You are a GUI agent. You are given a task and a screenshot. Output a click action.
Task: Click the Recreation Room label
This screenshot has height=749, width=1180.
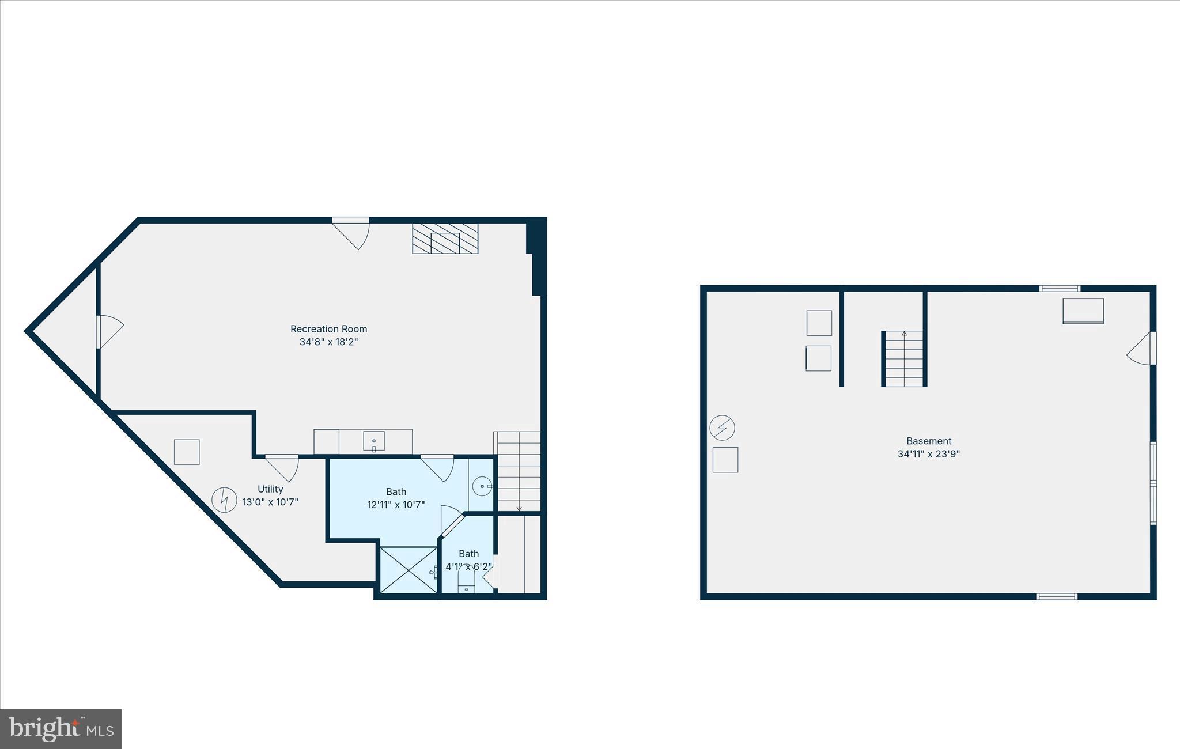(x=328, y=329)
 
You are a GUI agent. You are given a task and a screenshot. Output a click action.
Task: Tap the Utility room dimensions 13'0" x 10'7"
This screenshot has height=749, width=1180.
(x=270, y=502)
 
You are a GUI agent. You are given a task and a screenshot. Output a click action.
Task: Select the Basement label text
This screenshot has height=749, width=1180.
(x=928, y=441)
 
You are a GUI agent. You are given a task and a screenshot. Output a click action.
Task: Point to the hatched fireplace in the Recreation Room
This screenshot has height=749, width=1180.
(x=445, y=239)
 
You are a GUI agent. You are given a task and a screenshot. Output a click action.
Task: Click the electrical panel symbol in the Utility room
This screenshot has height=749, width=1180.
(x=224, y=500)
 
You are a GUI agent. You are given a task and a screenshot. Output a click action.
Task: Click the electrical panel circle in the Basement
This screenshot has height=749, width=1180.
(x=722, y=428)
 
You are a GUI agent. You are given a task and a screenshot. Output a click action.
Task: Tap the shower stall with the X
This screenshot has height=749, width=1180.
(x=409, y=570)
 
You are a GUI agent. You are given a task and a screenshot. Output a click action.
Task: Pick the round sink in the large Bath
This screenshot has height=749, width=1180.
(x=482, y=486)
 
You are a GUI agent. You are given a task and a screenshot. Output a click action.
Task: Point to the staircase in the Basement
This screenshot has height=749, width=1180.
(x=904, y=358)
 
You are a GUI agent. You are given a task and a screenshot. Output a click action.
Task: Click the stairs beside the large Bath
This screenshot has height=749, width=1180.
(x=519, y=471)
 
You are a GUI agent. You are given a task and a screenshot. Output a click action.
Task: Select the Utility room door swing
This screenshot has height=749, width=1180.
(x=284, y=467)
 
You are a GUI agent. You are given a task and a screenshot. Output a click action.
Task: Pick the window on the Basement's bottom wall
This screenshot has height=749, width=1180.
(x=1057, y=596)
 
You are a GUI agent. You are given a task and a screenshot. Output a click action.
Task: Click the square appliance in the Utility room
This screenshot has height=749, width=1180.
(x=187, y=452)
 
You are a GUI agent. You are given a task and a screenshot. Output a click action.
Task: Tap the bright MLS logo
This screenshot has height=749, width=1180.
(x=60, y=729)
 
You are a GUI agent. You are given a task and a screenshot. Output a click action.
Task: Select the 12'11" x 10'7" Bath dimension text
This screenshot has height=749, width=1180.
(x=396, y=505)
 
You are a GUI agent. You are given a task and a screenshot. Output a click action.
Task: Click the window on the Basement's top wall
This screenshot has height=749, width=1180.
(x=1060, y=288)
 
